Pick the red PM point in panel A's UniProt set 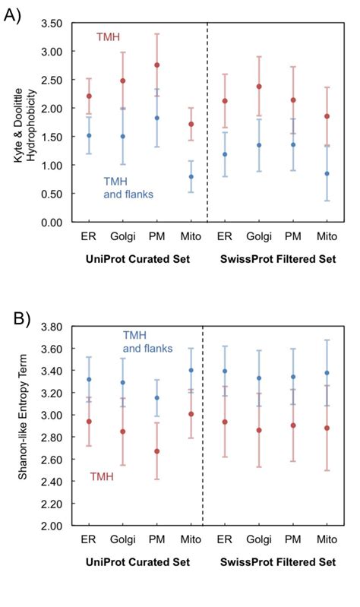pos(157,65)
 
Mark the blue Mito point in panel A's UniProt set pos(191,177)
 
